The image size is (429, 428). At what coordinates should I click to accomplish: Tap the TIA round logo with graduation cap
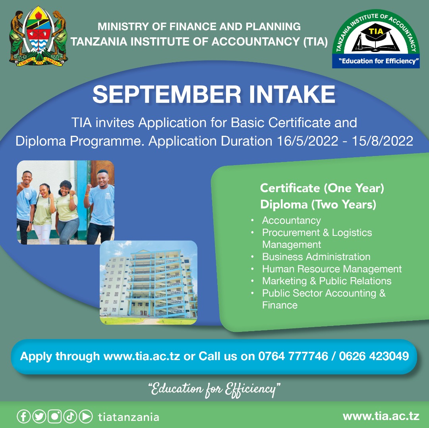coord(375,39)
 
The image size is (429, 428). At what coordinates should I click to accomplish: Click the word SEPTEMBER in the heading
coord(166,94)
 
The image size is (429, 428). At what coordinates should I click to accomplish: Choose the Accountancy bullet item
coord(291,220)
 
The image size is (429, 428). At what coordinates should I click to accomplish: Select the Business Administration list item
coord(316,257)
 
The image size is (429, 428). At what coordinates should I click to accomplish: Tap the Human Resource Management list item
coord(332,269)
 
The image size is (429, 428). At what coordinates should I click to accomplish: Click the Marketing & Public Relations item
coord(327,281)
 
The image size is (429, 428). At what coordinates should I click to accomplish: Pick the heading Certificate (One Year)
coord(322,188)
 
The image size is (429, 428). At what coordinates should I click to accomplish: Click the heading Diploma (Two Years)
coord(318,205)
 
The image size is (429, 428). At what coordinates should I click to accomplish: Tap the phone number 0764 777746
coord(293,356)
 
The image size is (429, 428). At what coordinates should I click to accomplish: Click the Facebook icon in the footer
coord(23,416)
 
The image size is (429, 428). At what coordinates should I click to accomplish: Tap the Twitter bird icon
coord(39,416)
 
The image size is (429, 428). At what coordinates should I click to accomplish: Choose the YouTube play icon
coord(85,416)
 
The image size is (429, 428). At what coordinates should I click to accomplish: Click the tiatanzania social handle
coord(128,417)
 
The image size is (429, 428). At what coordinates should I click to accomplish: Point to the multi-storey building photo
coord(148,282)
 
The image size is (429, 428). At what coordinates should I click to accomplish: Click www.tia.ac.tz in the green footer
coord(381,416)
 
